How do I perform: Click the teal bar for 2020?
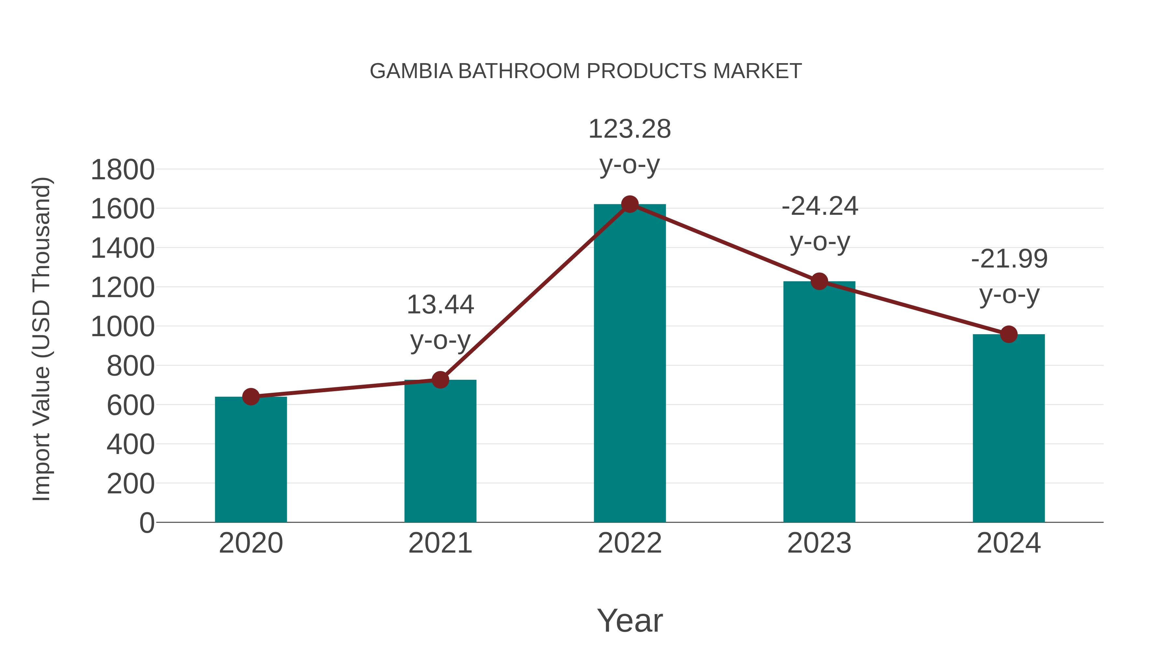pos(251,459)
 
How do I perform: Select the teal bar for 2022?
pos(630,364)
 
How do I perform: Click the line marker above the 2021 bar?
pos(440,380)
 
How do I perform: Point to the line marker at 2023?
pos(819,281)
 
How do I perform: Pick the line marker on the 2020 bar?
pos(251,397)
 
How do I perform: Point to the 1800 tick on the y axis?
pos(122,170)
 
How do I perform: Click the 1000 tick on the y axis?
pos(122,327)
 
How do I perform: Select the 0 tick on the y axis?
pos(146,523)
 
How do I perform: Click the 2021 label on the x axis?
pos(440,543)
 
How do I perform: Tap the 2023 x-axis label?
pos(819,543)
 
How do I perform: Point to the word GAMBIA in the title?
pos(411,71)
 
